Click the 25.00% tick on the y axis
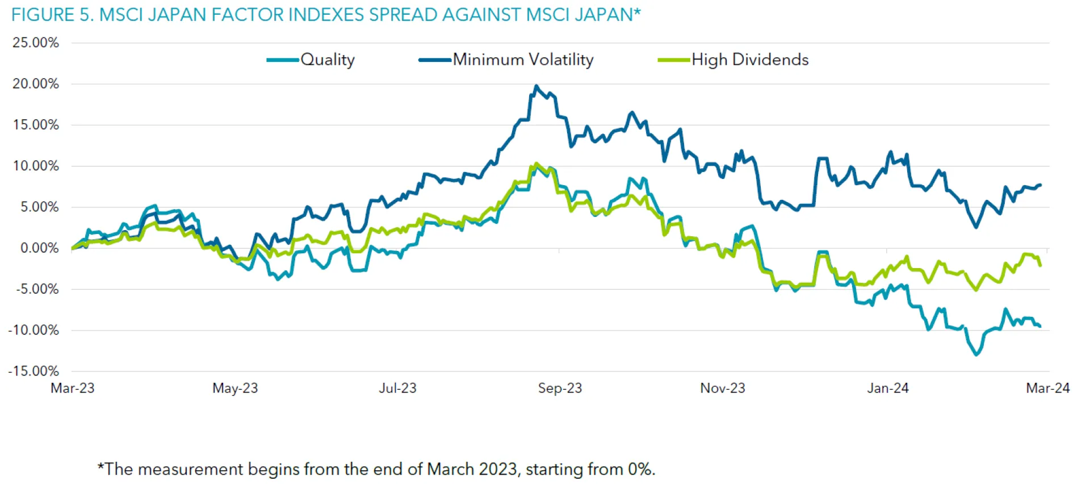click(36, 43)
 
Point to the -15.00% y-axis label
click(33, 371)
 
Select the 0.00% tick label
click(39, 248)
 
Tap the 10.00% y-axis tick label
click(36, 166)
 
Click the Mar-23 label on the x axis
click(73, 388)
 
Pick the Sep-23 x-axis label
click(560, 388)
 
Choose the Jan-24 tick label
click(887, 388)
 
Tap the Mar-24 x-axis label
click(1047, 388)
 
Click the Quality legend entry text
click(328, 60)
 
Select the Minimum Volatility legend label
click(523, 60)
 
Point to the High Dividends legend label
click(750, 60)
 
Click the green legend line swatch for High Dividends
click(674, 60)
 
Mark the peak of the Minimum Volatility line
click(536, 86)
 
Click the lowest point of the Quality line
click(976, 355)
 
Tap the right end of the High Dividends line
click(1040, 265)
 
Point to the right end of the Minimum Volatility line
click(1040, 185)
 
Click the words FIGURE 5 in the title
click(52, 15)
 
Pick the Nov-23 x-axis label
click(722, 388)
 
